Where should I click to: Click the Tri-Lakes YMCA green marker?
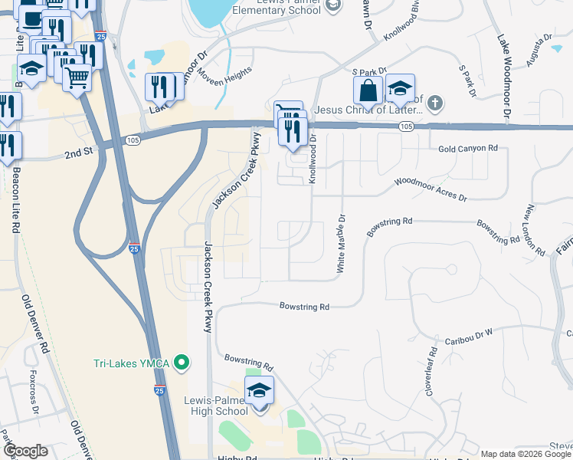[x=182, y=360]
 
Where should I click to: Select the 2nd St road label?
[x=77, y=153]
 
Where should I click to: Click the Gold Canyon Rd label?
[x=467, y=148]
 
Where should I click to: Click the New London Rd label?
[x=535, y=230]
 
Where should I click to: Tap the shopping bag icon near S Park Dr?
[x=368, y=90]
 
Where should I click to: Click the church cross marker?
[x=434, y=103]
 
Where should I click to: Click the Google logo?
[x=25, y=451]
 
